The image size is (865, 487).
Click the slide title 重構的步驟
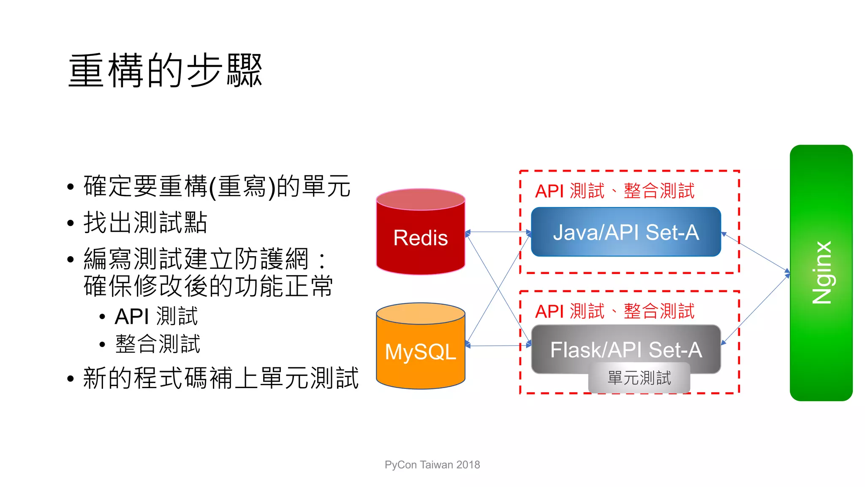(165, 71)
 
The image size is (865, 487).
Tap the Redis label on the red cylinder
(420, 238)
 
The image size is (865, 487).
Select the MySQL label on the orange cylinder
(420, 352)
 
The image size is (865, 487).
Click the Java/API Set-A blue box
(626, 232)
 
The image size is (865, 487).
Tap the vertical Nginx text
(821, 273)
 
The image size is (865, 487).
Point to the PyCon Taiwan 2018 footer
(432, 465)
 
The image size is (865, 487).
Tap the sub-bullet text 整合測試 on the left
(158, 344)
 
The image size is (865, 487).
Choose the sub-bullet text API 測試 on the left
(156, 317)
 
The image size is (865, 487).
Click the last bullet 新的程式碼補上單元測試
(220, 378)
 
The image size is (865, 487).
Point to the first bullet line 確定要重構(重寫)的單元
(217, 186)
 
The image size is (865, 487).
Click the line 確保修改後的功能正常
(208, 286)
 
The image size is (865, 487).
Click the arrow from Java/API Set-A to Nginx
(756, 252)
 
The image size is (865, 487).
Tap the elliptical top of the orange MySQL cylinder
(420, 313)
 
